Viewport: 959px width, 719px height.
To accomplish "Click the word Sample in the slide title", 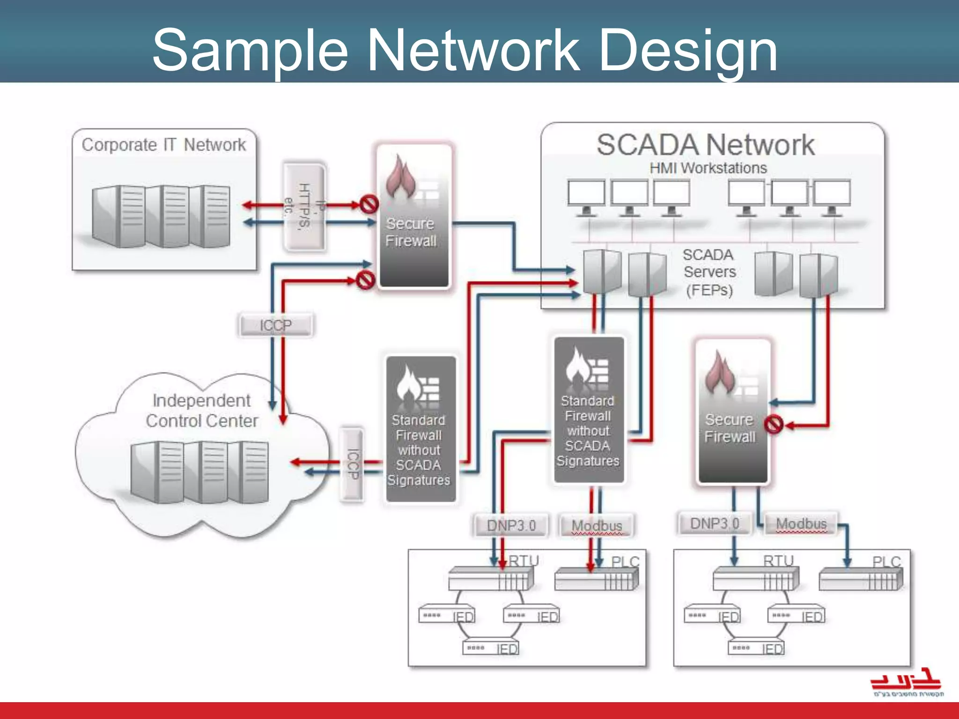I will (251, 51).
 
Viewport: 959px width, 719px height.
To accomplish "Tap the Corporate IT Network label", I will (163, 145).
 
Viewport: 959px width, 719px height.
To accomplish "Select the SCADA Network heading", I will (705, 145).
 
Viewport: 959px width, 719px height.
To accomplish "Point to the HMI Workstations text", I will (708, 168).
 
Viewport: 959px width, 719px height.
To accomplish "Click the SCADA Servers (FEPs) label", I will (709, 272).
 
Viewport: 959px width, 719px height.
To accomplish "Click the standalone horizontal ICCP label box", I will (275, 325).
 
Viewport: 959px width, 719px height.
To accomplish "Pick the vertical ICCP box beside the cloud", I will (352, 464).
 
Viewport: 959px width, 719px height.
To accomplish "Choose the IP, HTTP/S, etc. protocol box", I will (304, 206).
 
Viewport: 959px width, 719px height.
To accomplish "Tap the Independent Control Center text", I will (201, 411).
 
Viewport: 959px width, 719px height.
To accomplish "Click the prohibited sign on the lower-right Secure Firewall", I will (773, 425).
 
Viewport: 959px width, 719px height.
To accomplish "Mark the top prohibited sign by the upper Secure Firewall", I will (369, 204).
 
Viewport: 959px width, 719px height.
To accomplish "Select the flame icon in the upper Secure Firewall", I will (400, 178).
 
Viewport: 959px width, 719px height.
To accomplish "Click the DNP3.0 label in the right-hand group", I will (715, 523).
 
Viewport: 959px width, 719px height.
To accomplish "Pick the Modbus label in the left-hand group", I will (597, 526).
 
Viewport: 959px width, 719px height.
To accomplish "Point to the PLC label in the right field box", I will (886, 562).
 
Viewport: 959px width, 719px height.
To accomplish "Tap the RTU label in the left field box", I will (524, 561).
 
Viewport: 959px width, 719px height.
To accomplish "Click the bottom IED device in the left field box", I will (492, 648).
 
